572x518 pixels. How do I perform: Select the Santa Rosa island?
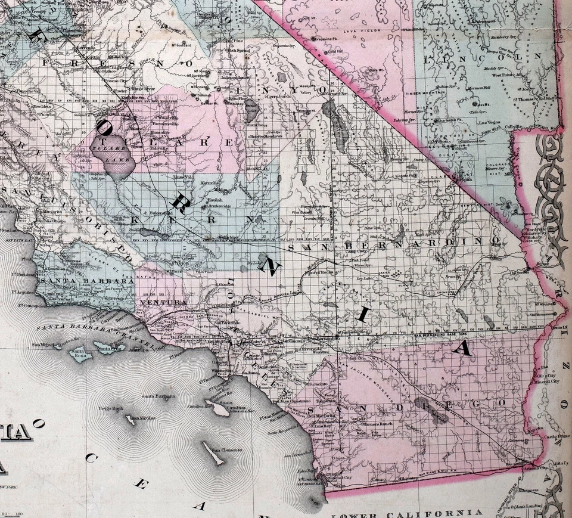(x=79, y=355)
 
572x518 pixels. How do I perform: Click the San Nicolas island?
(x=129, y=421)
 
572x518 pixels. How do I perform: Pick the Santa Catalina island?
(x=219, y=410)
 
